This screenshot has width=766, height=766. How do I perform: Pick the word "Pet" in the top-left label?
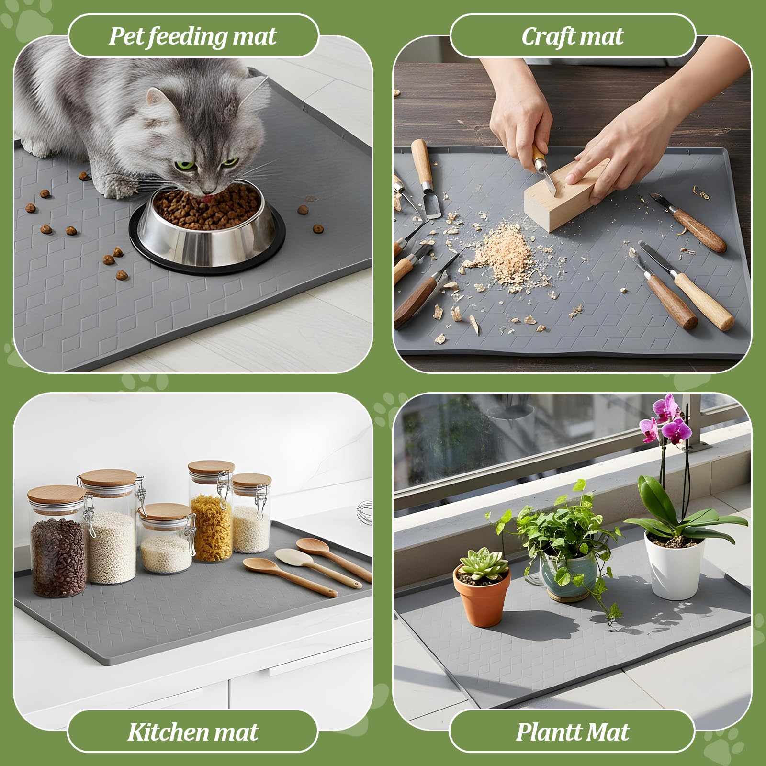click(x=125, y=36)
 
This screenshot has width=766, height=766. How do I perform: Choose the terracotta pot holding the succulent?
click(x=482, y=598)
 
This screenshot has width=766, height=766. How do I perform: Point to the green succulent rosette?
click(x=483, y=565)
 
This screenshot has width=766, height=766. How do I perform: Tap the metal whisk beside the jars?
click(x=363, y=509)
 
